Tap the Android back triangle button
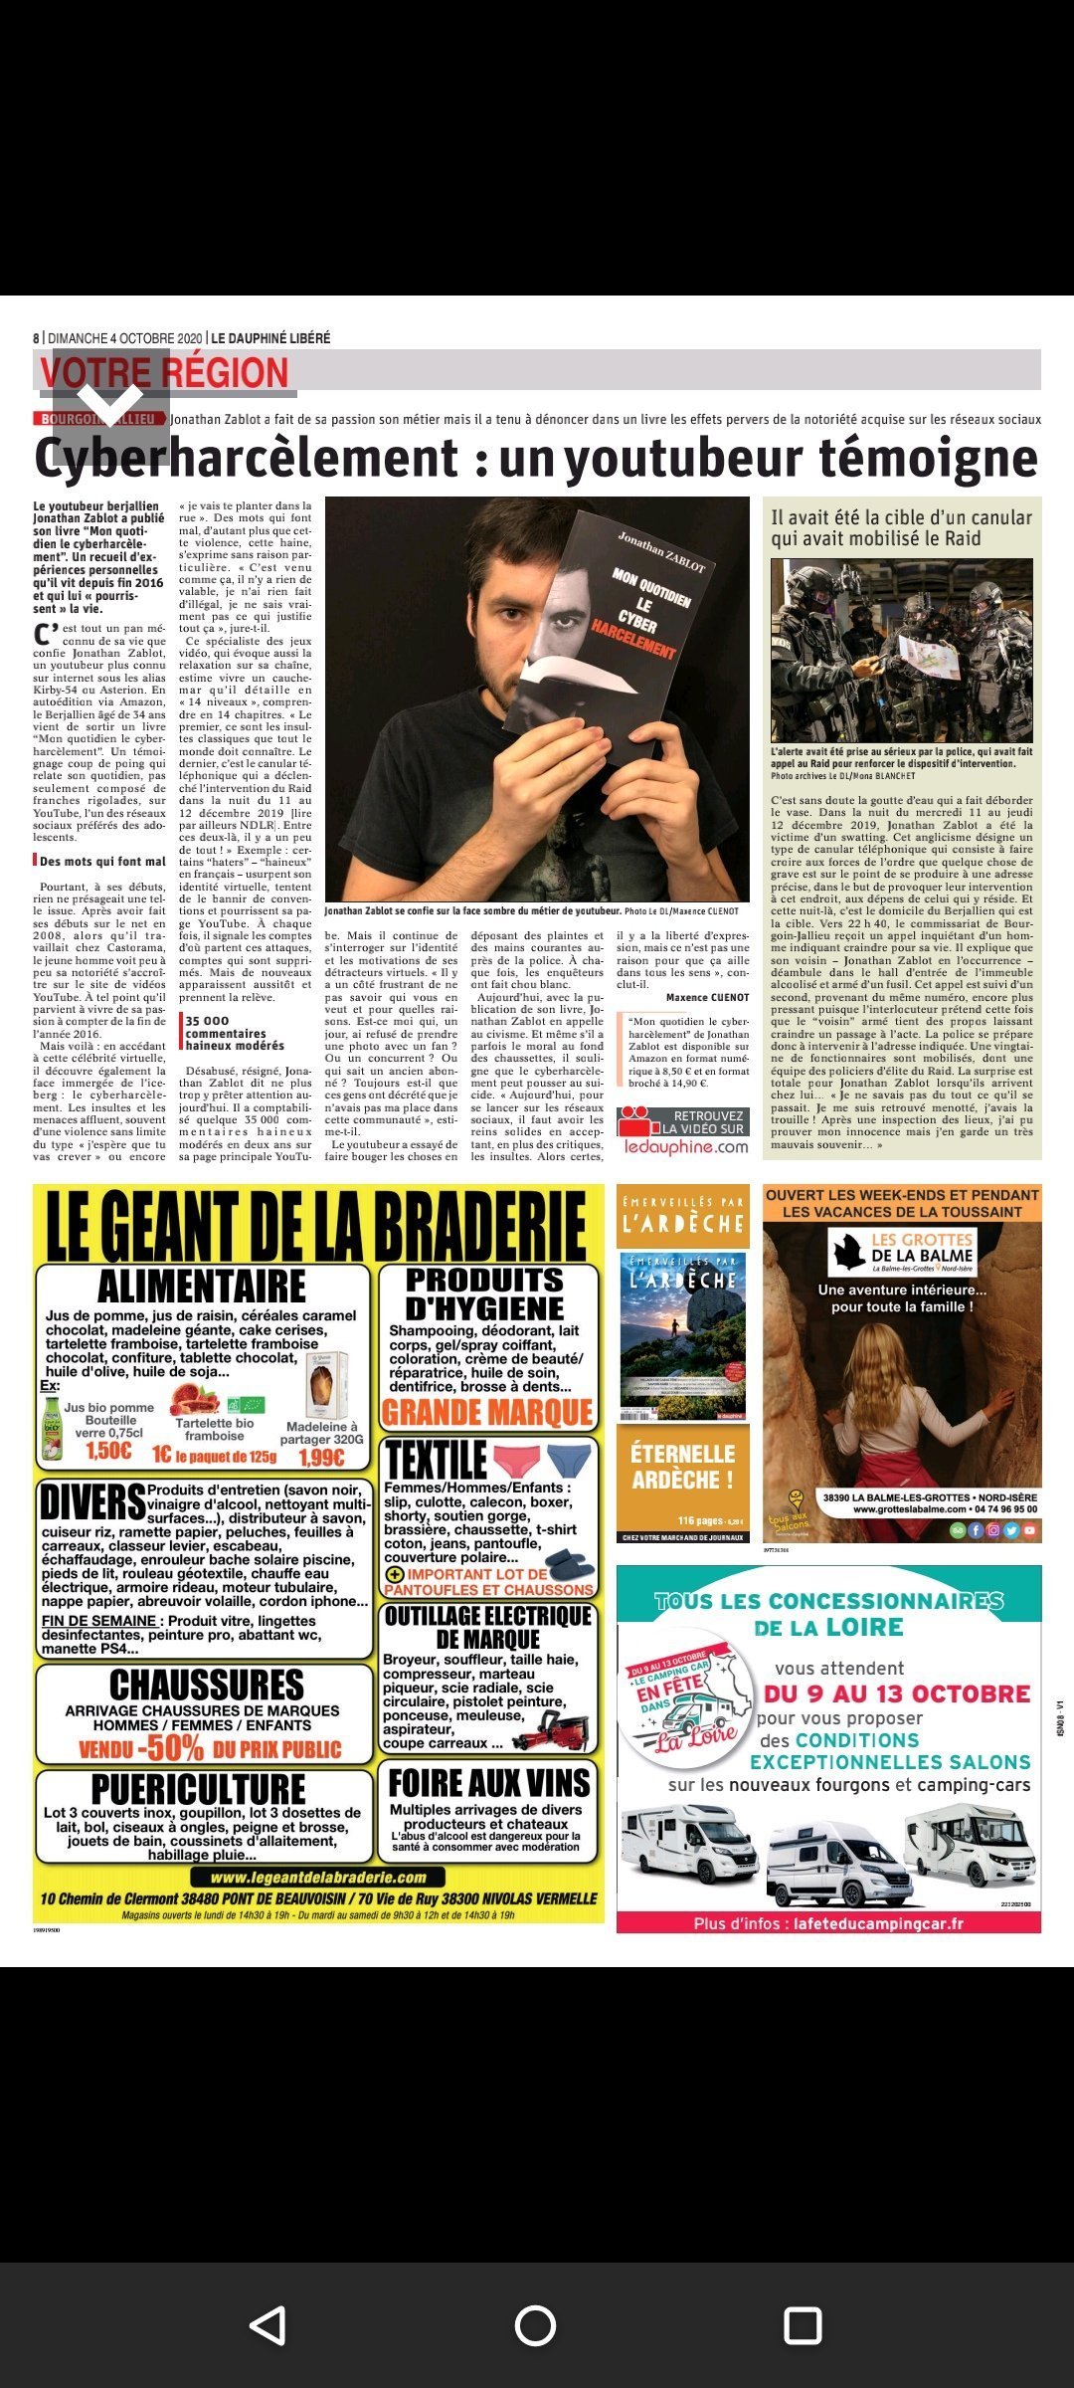coord(268,2325)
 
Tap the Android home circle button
coord(535,2325)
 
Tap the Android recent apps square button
coord(803,2325)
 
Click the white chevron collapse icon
coord(110,401)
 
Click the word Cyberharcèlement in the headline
coord(247,458)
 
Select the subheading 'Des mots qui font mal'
coord(102,862)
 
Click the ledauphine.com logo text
coord(686,1147)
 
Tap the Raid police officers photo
coord(901,650)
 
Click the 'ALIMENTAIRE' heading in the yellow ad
coord(202,1287)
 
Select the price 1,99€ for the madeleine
coord(321,1458)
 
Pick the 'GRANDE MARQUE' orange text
coord(487,1412)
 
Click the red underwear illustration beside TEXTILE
coord(516,1460)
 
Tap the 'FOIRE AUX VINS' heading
coord(488,1782)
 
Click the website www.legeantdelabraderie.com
coord(318,1878)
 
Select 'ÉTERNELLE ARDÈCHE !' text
coord(682,1467)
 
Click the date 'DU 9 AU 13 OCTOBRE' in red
coord(897,1693)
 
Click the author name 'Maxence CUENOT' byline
coord(707,997)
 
